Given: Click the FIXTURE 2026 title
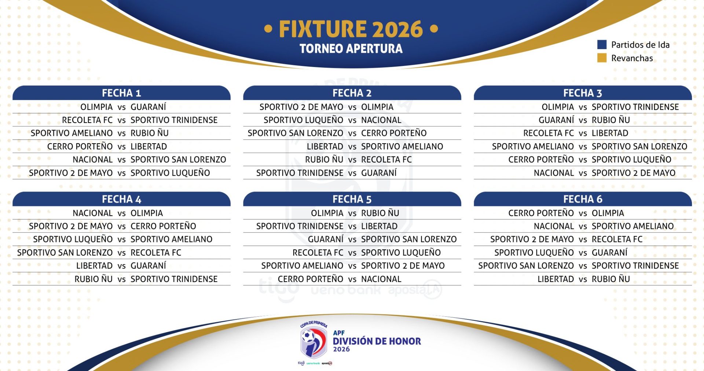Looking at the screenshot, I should pos(351,29).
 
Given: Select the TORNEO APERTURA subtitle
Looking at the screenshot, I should pos(351,49).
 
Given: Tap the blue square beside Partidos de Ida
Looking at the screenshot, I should pos(602,45).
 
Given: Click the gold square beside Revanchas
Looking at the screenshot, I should pos(602,58).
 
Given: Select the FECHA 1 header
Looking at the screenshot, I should pos(121,93).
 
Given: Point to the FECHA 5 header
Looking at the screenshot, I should pos(352,199).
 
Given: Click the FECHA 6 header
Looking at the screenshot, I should pos(583,199).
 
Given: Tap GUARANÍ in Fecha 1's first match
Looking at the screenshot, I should pos(148,107).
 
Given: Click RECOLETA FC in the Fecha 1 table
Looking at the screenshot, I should pos(87,120).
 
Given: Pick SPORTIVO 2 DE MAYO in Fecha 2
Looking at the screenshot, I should pos(301,107).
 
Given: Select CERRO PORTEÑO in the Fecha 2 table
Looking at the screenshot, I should pos(394,133).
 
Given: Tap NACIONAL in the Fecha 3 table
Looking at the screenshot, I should pos(554,173).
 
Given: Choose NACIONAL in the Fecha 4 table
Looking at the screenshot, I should pos(92,213).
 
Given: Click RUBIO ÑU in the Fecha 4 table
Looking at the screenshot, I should pos(93,279).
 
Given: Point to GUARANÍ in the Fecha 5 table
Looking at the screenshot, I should pos(326,240).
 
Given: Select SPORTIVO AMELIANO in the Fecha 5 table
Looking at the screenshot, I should pos(302,266).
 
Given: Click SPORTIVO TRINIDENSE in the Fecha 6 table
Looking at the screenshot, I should pos(635,266).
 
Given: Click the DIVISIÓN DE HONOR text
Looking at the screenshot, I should pos(377,341).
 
